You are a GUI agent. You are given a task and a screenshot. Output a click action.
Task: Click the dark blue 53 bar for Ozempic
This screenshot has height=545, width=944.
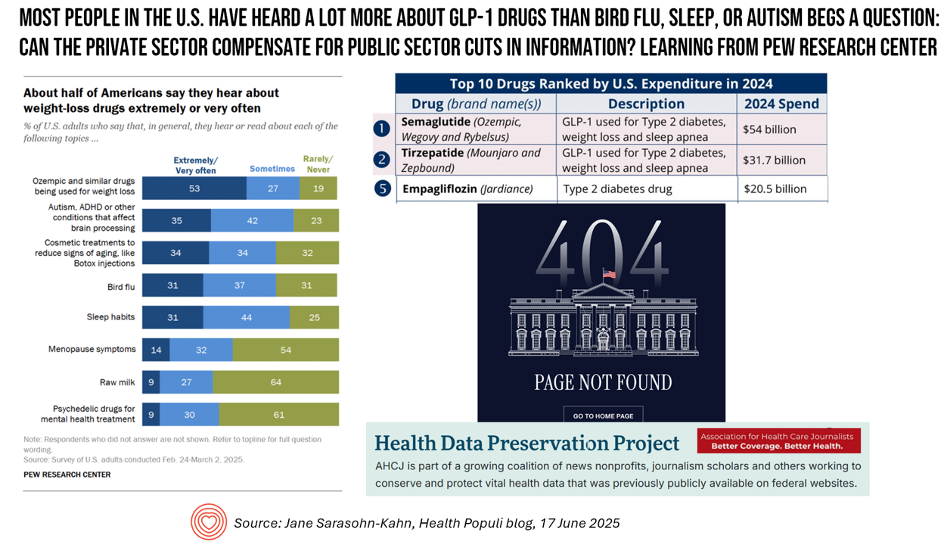tap(194, 188)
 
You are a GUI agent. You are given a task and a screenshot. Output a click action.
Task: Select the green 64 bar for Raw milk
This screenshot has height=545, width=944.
tap(275, 382)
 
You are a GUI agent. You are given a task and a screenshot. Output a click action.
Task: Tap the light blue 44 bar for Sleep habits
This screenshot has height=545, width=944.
tap(247, 317)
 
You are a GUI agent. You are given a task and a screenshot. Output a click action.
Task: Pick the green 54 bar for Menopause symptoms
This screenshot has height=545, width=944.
tap(285, 350)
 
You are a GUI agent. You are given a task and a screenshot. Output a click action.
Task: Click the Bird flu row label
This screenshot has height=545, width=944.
tap(121, 287)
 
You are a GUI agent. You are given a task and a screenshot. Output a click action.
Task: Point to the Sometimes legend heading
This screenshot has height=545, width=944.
tap(272, 169)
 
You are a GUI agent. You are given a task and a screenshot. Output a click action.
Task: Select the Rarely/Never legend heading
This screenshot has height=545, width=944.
tap(318, 164)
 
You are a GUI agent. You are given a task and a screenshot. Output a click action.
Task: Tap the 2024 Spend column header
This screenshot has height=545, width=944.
tap(781, 104)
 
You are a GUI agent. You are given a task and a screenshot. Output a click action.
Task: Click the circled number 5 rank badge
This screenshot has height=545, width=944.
tap(383, 188)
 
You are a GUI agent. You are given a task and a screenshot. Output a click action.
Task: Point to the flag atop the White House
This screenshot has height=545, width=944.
tap(608, 274)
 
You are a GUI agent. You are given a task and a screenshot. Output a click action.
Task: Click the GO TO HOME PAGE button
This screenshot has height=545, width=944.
tap(603, 416)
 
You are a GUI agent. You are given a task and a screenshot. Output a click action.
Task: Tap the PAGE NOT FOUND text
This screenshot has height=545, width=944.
tap(603, 381)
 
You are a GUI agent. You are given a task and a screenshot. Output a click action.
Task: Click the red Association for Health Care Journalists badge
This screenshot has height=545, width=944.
tap(780, 441)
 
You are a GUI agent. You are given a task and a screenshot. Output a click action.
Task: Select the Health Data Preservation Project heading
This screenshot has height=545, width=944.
tap(527, 443)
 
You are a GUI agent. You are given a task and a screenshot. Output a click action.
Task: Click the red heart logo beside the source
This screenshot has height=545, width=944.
tap(208, 522)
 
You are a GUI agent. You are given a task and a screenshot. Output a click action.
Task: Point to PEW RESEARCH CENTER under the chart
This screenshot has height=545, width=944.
tap(67, 475)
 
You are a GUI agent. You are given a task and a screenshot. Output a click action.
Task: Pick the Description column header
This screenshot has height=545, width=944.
tap(646, 104)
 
